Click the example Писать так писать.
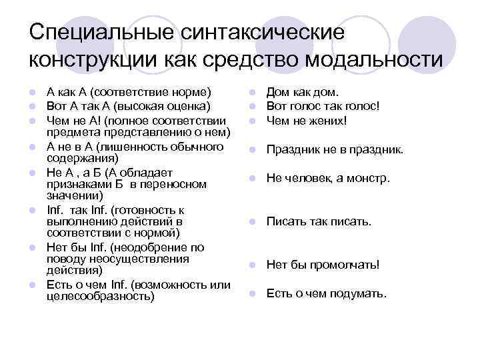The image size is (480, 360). [x=319, y=221]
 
